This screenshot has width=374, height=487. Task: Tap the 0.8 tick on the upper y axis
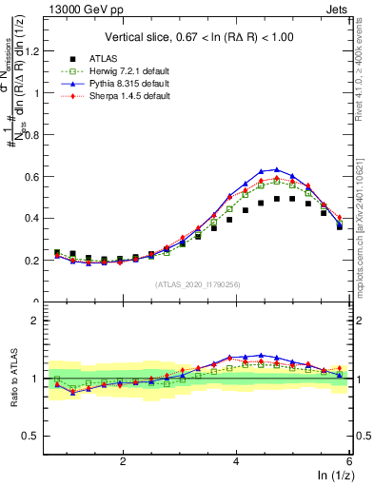pos(41,135)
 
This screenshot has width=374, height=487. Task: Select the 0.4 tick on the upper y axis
pos(41,218)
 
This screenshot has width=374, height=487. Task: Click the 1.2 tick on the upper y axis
pos(41,51)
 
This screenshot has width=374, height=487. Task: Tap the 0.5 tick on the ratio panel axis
pos(41,436)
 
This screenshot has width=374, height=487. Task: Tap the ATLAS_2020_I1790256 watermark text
pos(198,284)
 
